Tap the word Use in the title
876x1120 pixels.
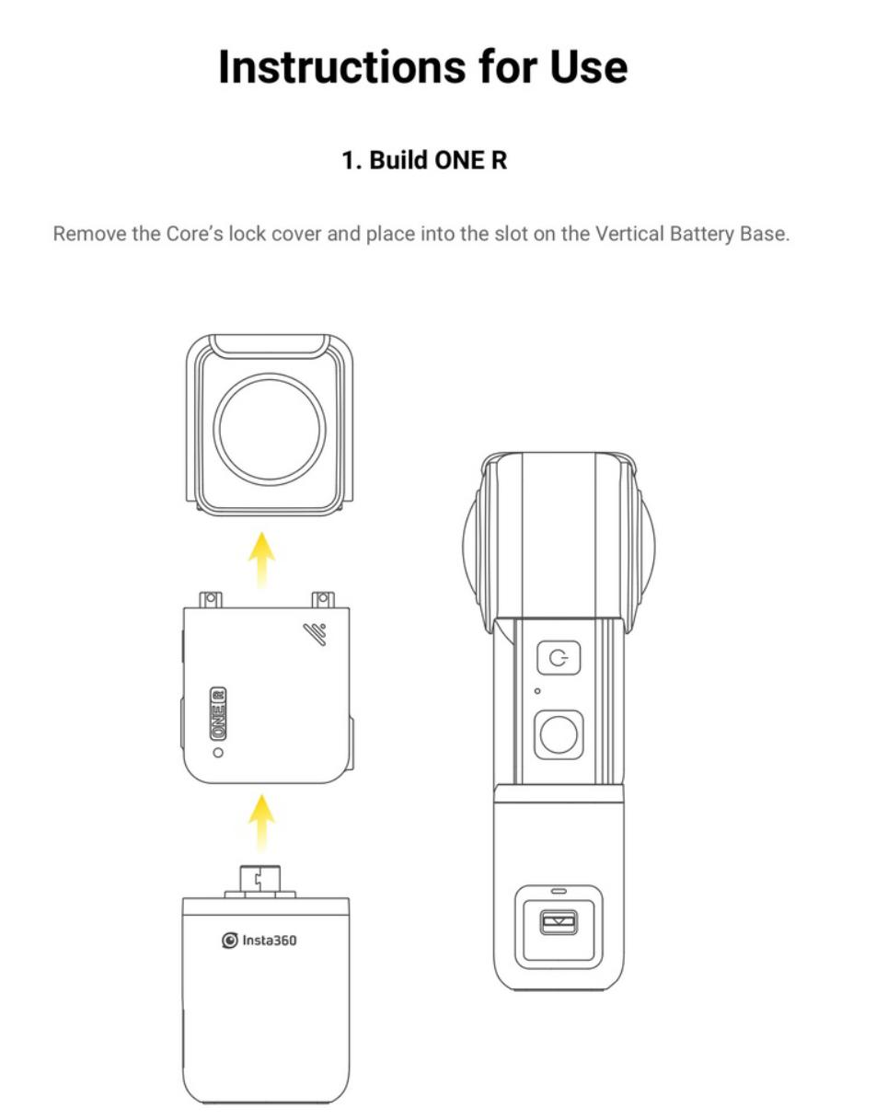click(x=589, y=67)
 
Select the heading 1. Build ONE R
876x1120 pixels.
click(x=424, y=160)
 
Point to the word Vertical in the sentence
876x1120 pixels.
click(x=629, y=234)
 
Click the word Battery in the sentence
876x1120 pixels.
click(x=701, y=235)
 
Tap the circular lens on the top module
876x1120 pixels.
click(x=270, y=430)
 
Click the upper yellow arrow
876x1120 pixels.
click(x=261, y=560)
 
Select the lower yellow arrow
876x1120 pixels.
click(x=261, y=823)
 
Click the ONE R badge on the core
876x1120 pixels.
click(x=218, y=714)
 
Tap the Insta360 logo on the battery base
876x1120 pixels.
click(x=259, y=941)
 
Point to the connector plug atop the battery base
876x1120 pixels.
click(x=260, y=883)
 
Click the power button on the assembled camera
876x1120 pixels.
click(x=559, y=658)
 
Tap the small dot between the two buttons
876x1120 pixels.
click(x=537, y=691)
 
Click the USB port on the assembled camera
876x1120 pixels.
click(x=559, y=923)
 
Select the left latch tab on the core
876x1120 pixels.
click(x=211, y=600)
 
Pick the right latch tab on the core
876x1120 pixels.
click(x=323, y=600)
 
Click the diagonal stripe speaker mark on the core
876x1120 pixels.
click(x=315, y=634)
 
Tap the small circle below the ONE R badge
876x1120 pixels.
click(x=218, y=753)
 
